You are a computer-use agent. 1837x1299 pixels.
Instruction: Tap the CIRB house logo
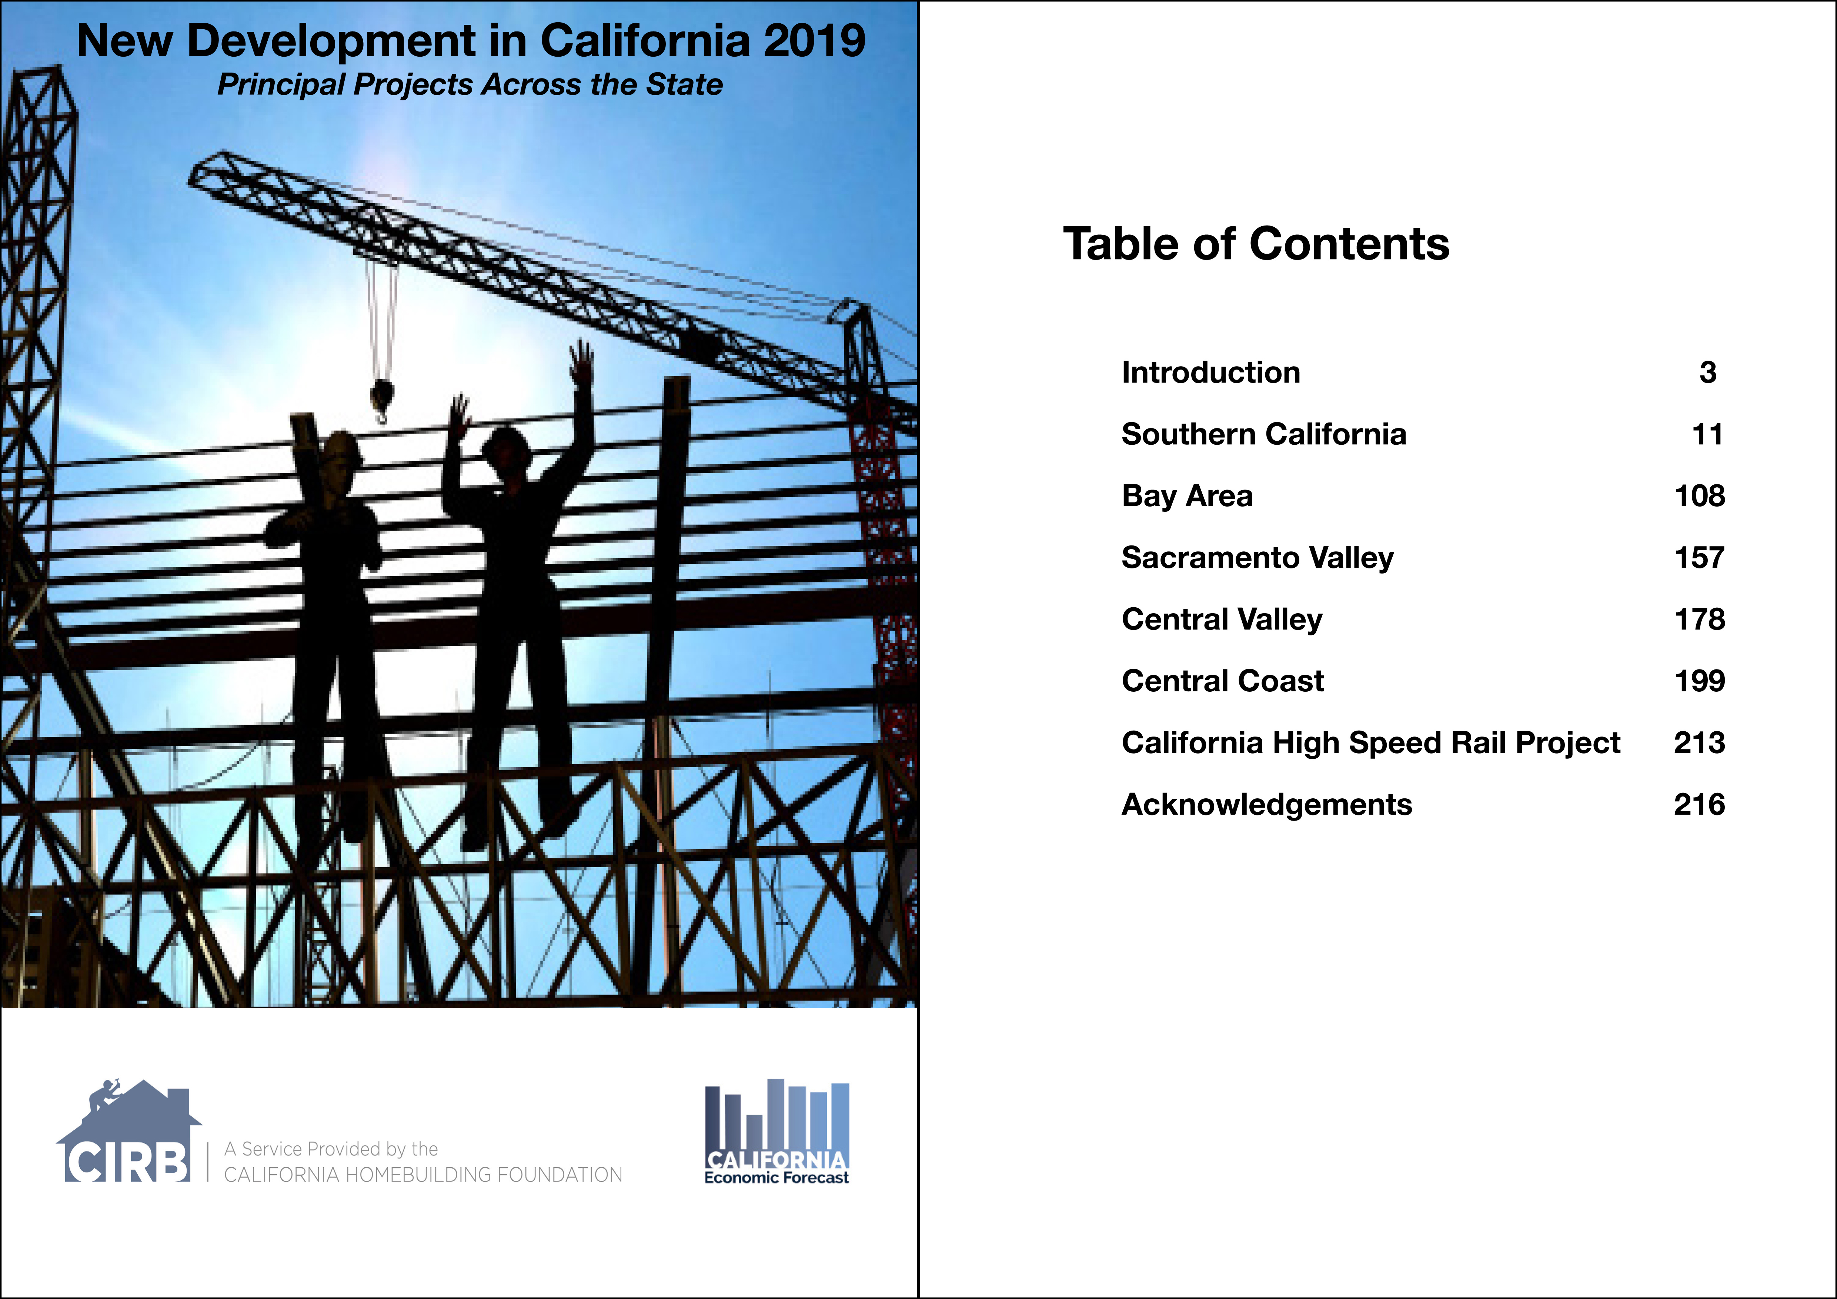coord(128,1130)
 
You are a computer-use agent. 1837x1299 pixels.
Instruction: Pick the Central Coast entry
coord(1223,681)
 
